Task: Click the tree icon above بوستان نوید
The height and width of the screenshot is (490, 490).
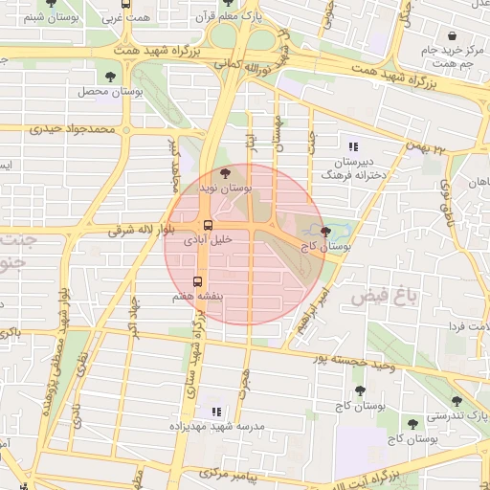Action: pyautogui.click(x=225, y=173)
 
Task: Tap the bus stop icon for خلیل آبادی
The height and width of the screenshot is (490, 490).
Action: pyautogui.click(x=208, y=227)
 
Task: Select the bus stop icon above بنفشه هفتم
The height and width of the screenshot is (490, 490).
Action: pyautogui.click(x=198, y=281)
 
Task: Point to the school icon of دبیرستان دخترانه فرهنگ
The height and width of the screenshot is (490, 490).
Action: pyautogui.click(x=353, y=146)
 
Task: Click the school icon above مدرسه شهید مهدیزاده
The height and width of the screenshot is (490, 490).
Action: pyautogui.click(x=212, y=409)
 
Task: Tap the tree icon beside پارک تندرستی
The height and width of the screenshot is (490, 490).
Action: pyautogui.click(x=457, y=401)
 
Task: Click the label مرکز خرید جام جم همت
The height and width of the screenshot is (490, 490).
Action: pyautogui.click(x=441, y=56)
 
